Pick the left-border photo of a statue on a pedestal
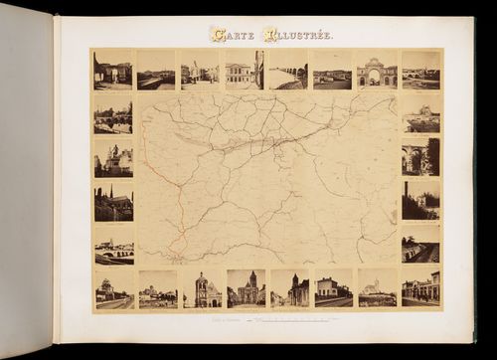pyautogui.click(x=112, y=158)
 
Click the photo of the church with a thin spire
pyautogui.click(x=112, y=202)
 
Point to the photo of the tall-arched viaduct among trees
pyautogui.click(x=420, y=158)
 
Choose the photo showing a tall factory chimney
pyautogui.click(x=420, y=200)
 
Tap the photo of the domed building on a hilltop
pyautogui.click(x=420, y=113)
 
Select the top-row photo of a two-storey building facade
pyautogui.click(x=244, y=70)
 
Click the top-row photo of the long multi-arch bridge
pyautogui.click(x=287, y=70)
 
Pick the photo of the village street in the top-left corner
pyautogui.click(x=112, y=70)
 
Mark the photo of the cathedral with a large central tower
pyautogui.click(x=246, y=287)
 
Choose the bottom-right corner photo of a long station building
pyautogui.click(x=420, y=287)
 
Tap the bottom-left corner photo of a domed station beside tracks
pyautogui.click(x=112, y=287)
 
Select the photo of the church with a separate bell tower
pyautogui.click(x=289, y=287)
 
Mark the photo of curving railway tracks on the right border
pyautogui.click(x=420, y=243)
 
